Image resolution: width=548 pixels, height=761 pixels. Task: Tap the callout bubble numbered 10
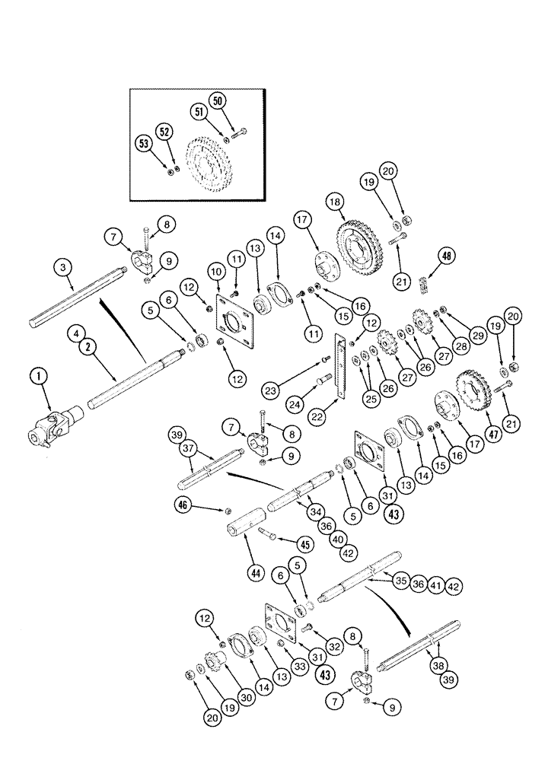point(215,272)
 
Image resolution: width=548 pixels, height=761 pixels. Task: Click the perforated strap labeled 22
point(342,366)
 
